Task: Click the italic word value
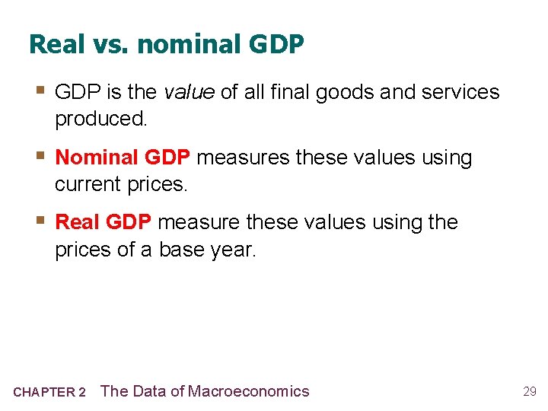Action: (189, 93)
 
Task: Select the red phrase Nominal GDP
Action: (123, 158)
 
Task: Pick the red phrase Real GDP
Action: (104, 222)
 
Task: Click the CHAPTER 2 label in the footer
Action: (49, 393)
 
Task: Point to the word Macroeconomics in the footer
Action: (249, 391)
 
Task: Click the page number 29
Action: (530, 392)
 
